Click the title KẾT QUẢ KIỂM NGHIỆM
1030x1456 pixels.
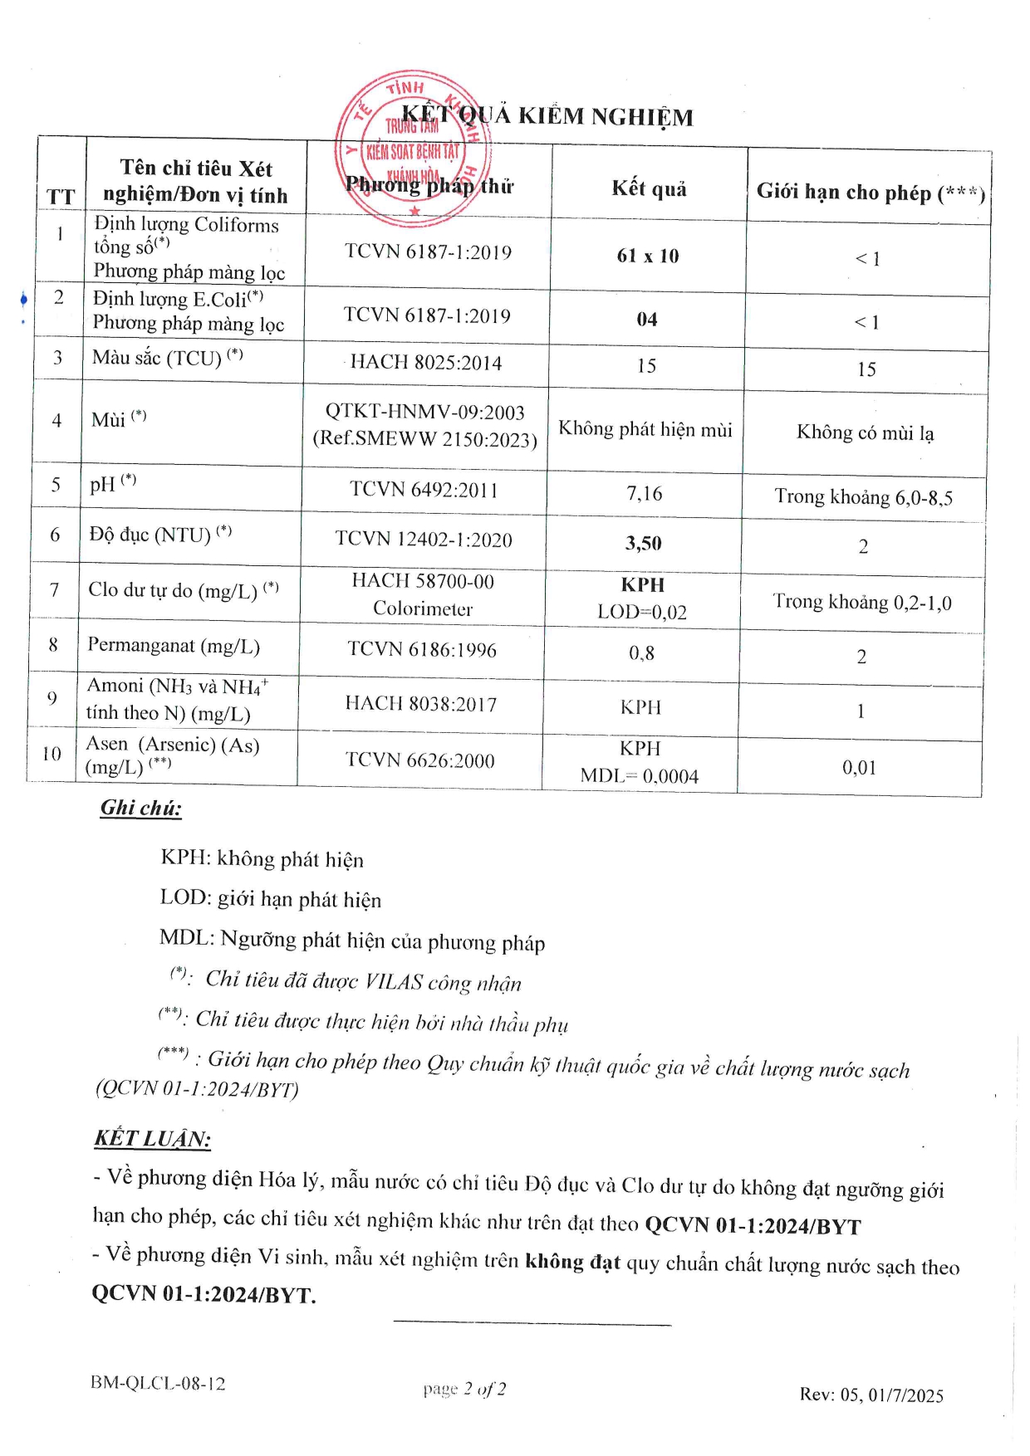(x=547, y=116)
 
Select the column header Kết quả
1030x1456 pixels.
(x=649, y=188)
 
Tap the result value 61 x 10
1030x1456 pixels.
(x=648, y=256)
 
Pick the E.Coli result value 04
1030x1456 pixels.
(x=647, y=320)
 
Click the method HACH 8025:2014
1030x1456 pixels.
(x=426, y=362)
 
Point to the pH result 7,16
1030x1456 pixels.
(x=645, y=493)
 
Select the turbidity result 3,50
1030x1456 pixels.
(x=644, y=543)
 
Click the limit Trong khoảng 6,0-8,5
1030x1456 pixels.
(x=863, y=496)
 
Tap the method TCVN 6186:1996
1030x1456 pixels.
(x=422, y=649)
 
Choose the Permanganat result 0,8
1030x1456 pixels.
(x=641, y=653)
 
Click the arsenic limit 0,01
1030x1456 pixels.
(x=860, y=767)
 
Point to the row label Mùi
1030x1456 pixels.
(x=109, y=419)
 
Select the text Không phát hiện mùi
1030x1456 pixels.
(x=645, y=429)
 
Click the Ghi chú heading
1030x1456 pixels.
(x=141, y=808)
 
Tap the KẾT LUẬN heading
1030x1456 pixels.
(x=152, y=1138)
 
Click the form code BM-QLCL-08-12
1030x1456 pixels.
(x=158, y=1383)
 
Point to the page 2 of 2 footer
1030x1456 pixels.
(x=464, y=1389)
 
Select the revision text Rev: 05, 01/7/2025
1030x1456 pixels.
(x=871, y=1395)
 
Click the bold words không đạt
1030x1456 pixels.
(x=572, y=1262)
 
